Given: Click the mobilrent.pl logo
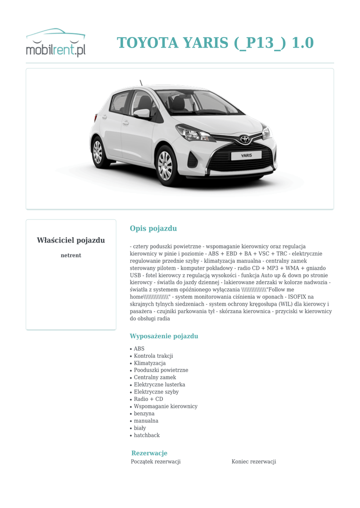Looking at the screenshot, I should pyautogui.click(x=56, y=43).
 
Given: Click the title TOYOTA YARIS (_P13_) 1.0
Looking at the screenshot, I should pyautogui.click(x=215, y=43).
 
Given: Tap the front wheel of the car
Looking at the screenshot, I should pyautogui.click(x=165, y=166).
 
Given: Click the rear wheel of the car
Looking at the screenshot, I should pyautogui.click(x=98, y=152).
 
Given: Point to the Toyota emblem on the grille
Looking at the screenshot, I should pyautogui.click(x=245, y=139).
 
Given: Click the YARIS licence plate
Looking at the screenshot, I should pyautogui.click(x=246, y=155).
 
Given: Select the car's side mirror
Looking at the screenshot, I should pyautogui.click(x=142, y=113).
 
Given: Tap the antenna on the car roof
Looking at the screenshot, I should pyautogui.click(x=141, y=83).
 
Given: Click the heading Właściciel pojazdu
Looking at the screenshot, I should pyautogui.click(x=71, y=241).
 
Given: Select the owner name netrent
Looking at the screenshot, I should pyautogui.click(x=71, y=255).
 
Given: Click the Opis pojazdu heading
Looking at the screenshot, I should pyautogui.click(x=153, y=229).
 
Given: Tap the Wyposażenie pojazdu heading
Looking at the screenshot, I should pyautogui.click(x=164, y=336).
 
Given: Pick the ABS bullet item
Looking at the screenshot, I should pyautogui.click(x=139, y=349).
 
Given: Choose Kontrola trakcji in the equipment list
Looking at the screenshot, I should pyautogui.click(x=153, y=356).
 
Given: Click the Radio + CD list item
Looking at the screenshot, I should pyautogui.click(x=148, y=399).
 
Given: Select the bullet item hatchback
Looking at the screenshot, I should pyautogui.click(x=147, y=436).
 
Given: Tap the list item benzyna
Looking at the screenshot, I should pyautogui.click(x=144, y=414).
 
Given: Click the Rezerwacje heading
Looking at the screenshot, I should pyautogui.click(x=149, y=453).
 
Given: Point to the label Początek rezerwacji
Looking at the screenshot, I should pyautogui.click(x=156, y=462).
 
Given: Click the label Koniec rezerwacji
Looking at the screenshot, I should pyautogui.click(x=254, y=462).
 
